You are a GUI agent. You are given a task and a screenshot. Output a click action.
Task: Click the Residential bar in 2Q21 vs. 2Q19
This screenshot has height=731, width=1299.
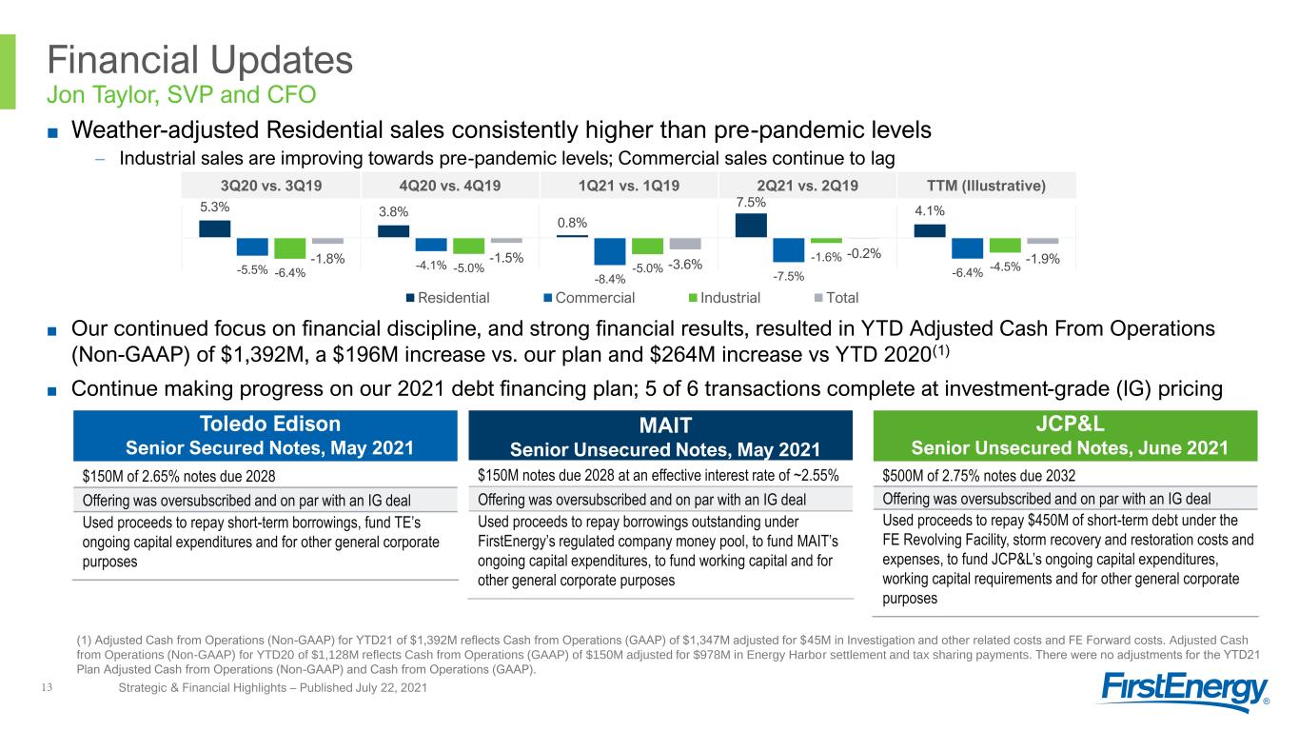click(x=751, y=225)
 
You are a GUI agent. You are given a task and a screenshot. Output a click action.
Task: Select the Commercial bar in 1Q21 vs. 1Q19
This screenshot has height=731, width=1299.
click(x=609, y=251)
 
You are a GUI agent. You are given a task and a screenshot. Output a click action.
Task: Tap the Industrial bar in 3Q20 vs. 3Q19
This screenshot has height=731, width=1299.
click(x=290, y=248)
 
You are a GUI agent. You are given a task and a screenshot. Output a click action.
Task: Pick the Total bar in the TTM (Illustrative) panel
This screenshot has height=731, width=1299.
click(x=1042, y=241)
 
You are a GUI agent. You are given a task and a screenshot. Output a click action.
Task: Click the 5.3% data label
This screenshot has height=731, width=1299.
click(x=214, y=207)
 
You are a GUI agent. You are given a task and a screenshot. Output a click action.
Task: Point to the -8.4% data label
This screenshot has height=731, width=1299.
click(x=609, y=279)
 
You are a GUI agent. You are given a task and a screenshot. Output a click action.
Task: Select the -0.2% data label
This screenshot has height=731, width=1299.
click(x=864, y=253)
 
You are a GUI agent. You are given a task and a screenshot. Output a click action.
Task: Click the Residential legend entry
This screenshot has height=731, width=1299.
click(x=447, y=298)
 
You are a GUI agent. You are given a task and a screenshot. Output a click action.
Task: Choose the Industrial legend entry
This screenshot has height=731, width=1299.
click(x=724, y=298)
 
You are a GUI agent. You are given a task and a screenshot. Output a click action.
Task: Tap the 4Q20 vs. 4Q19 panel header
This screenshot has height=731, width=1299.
click(x=450, y=186)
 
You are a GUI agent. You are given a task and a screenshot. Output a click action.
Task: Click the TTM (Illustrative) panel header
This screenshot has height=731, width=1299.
click(x=986, y=186)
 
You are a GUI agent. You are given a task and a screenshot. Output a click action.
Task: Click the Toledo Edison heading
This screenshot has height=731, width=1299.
click(x=270, y=424)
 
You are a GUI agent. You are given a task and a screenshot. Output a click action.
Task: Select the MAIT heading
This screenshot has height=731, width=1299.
click(x=665, y=425)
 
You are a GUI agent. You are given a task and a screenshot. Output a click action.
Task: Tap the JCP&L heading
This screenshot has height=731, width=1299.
click(x=1070, y=424)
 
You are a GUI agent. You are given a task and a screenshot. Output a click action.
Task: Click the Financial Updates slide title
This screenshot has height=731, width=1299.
click(x=200, y=60)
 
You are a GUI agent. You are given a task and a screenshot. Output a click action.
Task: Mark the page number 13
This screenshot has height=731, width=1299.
click(x=47, y=687)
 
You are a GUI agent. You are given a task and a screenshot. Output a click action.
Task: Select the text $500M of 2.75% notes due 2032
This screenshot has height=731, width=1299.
click(x=979, y=476)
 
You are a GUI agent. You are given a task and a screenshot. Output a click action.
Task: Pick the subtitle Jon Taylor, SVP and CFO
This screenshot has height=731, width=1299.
click(x=182, y=94)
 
